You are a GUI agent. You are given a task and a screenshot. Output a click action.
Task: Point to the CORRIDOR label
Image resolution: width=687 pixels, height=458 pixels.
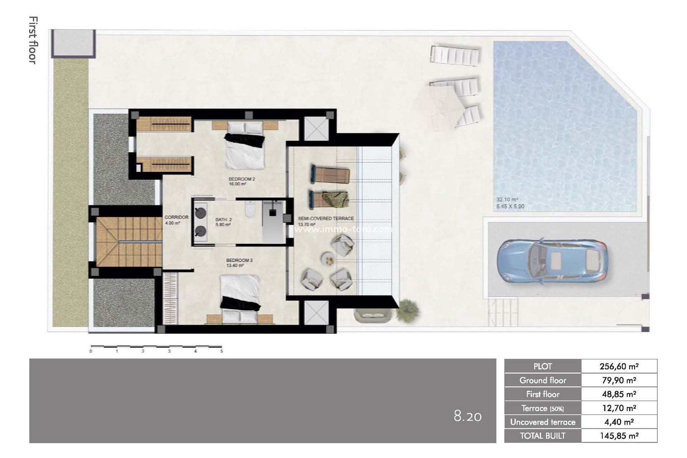point(176,217)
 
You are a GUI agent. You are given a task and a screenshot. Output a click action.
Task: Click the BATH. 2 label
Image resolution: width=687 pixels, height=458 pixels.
point(224,220)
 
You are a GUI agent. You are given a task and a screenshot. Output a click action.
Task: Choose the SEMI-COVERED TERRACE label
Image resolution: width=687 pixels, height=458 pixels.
point(326,218)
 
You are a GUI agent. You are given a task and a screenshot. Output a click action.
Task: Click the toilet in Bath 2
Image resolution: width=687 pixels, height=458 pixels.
point(250,210)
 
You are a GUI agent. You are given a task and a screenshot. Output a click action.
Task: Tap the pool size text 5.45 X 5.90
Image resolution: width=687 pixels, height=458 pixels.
point(510,206)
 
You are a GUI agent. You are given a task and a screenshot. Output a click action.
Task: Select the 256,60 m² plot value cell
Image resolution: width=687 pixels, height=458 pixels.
point(619,366)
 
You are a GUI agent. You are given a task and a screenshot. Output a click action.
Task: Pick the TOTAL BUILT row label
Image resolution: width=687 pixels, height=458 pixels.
point(542,436)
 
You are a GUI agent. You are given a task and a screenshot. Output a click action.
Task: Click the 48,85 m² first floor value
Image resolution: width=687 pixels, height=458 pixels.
point(619,394)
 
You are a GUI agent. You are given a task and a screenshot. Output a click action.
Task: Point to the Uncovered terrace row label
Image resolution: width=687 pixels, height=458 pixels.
point(542,422)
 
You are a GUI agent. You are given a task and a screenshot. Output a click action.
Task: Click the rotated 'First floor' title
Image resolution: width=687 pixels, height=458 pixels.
point(33,40)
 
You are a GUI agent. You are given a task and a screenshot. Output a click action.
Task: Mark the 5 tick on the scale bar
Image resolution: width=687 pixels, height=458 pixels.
point(221,351)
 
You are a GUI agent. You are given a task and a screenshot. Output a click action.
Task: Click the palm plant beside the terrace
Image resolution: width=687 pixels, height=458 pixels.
point(407,308)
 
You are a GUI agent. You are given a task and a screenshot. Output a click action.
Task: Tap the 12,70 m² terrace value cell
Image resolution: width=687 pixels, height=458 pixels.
point(619,408)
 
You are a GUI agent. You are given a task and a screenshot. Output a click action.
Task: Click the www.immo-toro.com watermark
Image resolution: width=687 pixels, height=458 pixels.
point(343,229)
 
